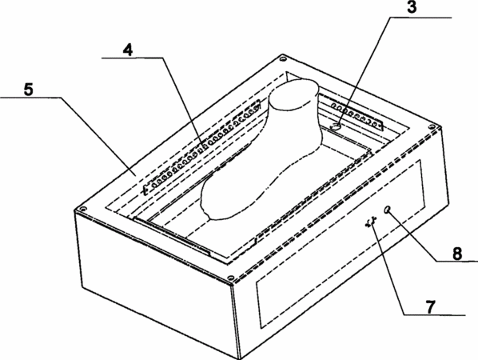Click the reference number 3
point(412,7)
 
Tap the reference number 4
point(128,50)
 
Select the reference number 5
point(28,90)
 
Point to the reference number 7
point(430,307)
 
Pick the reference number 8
point(457,254)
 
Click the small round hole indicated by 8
point(388,210)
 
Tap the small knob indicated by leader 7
point(371,222)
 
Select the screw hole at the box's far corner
point(284,58)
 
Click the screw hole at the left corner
point(82,209)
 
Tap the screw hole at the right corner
point(432,126)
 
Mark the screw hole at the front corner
point(231,278)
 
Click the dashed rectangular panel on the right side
point(340,244)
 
